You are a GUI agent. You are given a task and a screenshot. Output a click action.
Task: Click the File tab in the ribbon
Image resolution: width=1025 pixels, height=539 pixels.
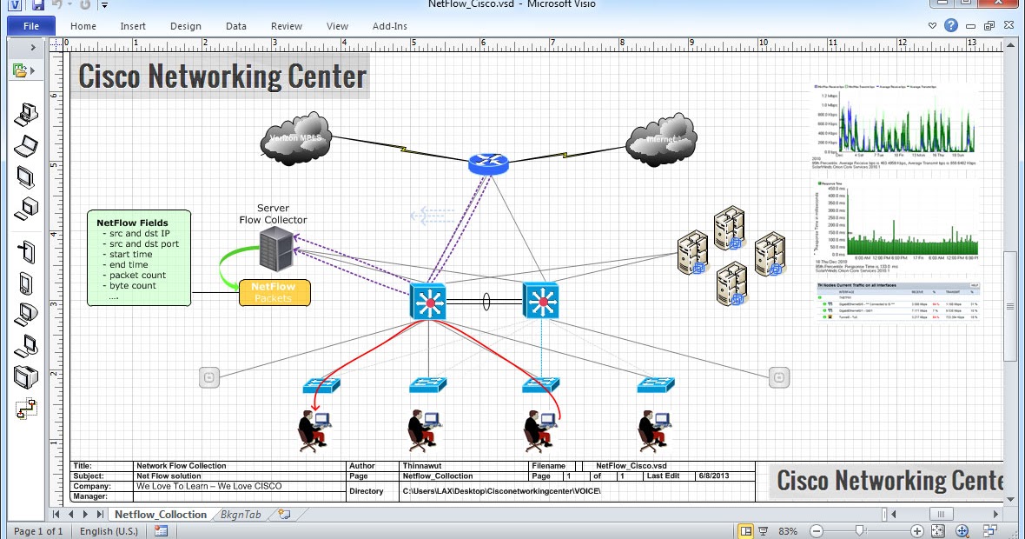click(x=30, y=26)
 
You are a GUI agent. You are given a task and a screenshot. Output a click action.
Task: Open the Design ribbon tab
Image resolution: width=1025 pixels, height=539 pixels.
click(x=185, y=26)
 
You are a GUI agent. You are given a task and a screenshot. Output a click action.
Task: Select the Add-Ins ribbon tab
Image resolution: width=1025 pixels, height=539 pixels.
click(x=389, y=26)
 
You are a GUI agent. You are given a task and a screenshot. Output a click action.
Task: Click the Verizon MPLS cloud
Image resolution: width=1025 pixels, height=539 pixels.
click(x=295, y=139)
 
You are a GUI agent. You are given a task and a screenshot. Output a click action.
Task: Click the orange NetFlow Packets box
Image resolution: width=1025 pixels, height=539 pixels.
click(x=274, y=292)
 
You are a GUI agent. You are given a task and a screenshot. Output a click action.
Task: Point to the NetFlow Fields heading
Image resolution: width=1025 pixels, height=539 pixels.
click(x=132, y=223)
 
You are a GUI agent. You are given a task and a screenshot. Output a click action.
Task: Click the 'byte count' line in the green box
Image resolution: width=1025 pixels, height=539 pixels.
click(x=133, y=285)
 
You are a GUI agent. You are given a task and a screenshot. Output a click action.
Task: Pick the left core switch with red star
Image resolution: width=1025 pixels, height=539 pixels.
click(x=427, y=302)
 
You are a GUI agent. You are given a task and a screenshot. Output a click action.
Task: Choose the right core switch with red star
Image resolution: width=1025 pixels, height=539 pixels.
click(x=540, y=302)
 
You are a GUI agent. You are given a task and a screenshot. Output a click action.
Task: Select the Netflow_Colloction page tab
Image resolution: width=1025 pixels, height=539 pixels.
click(x=161, y=515)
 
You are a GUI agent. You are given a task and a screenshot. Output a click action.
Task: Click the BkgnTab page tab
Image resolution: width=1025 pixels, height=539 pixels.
click(x=240, y=515)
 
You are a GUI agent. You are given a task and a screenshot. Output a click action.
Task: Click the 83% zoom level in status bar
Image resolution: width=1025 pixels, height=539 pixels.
click(x=788, y=531)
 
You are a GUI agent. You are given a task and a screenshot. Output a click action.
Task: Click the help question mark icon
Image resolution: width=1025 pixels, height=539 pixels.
click(x=951, y=26)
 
